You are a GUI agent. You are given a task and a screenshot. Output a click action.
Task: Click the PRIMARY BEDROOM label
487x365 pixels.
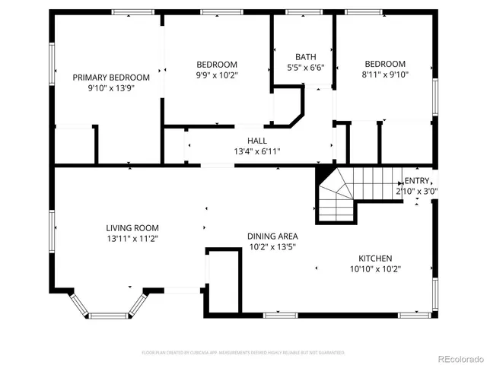pos(111,78)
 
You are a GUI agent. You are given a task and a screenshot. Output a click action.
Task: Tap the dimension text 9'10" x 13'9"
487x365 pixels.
pos(111,88)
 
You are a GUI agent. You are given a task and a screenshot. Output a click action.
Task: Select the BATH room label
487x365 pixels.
pos(306,57)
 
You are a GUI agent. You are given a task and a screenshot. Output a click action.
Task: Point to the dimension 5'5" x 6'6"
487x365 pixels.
pos(306,68)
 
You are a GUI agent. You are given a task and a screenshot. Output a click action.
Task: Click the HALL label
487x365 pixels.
pos(257,141)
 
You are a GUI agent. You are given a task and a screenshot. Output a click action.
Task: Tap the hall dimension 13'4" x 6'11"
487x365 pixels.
pos(257,151)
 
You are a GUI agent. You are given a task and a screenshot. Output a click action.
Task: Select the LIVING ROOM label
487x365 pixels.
pos(132,227)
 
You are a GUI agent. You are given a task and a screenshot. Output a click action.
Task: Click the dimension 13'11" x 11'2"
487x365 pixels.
pos(132,238)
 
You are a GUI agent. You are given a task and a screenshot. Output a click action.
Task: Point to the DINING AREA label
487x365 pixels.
pos(272,236)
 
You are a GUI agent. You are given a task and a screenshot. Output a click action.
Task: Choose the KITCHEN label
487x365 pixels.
pos(375,258)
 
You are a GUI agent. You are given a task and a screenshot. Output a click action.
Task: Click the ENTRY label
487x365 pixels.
pos(417,180)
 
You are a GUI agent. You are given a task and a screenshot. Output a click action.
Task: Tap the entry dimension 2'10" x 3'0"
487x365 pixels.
pos(416,191)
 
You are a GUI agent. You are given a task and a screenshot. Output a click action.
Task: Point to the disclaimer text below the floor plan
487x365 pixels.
pos(243,353)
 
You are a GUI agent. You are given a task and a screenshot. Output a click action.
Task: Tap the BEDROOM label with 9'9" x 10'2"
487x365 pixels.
pos(217,65)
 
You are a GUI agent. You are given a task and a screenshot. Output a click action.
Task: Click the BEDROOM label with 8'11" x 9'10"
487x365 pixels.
pos(384,64)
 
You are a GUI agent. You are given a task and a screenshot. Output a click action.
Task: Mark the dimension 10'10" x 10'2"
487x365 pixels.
pos(375,268)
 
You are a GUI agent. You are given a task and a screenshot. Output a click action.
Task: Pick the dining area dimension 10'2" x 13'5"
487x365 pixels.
pos(272,246)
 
